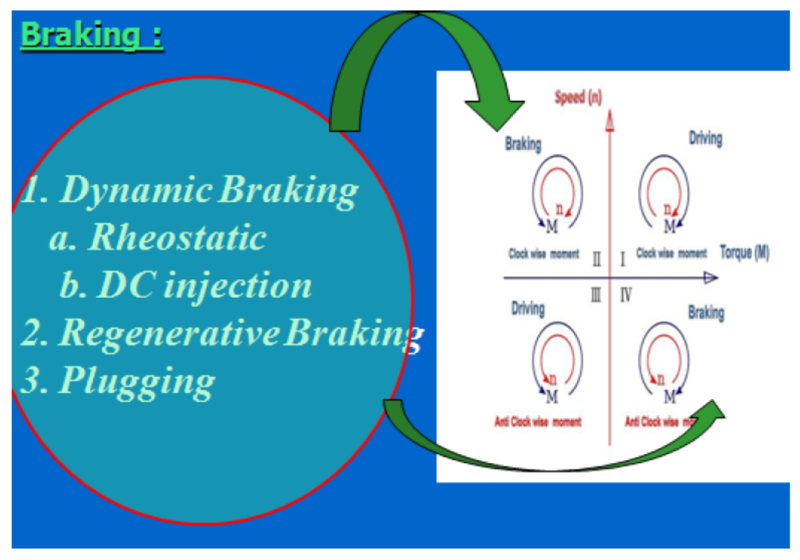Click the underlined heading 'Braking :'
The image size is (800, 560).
click(x=92, y=35)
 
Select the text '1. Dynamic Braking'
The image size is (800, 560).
click(x=189, y=191)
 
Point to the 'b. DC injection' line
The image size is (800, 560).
click(x=185, y=286)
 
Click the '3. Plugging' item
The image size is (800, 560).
click(x=118, y=381)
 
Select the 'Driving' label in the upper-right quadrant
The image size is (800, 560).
click(x=705, y=138)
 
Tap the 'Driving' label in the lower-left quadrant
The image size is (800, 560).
click(x=528, y=309)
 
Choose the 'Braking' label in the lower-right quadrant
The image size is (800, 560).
click(x=706, y=312)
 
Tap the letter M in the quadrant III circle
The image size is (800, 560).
click(x=552, y=397)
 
